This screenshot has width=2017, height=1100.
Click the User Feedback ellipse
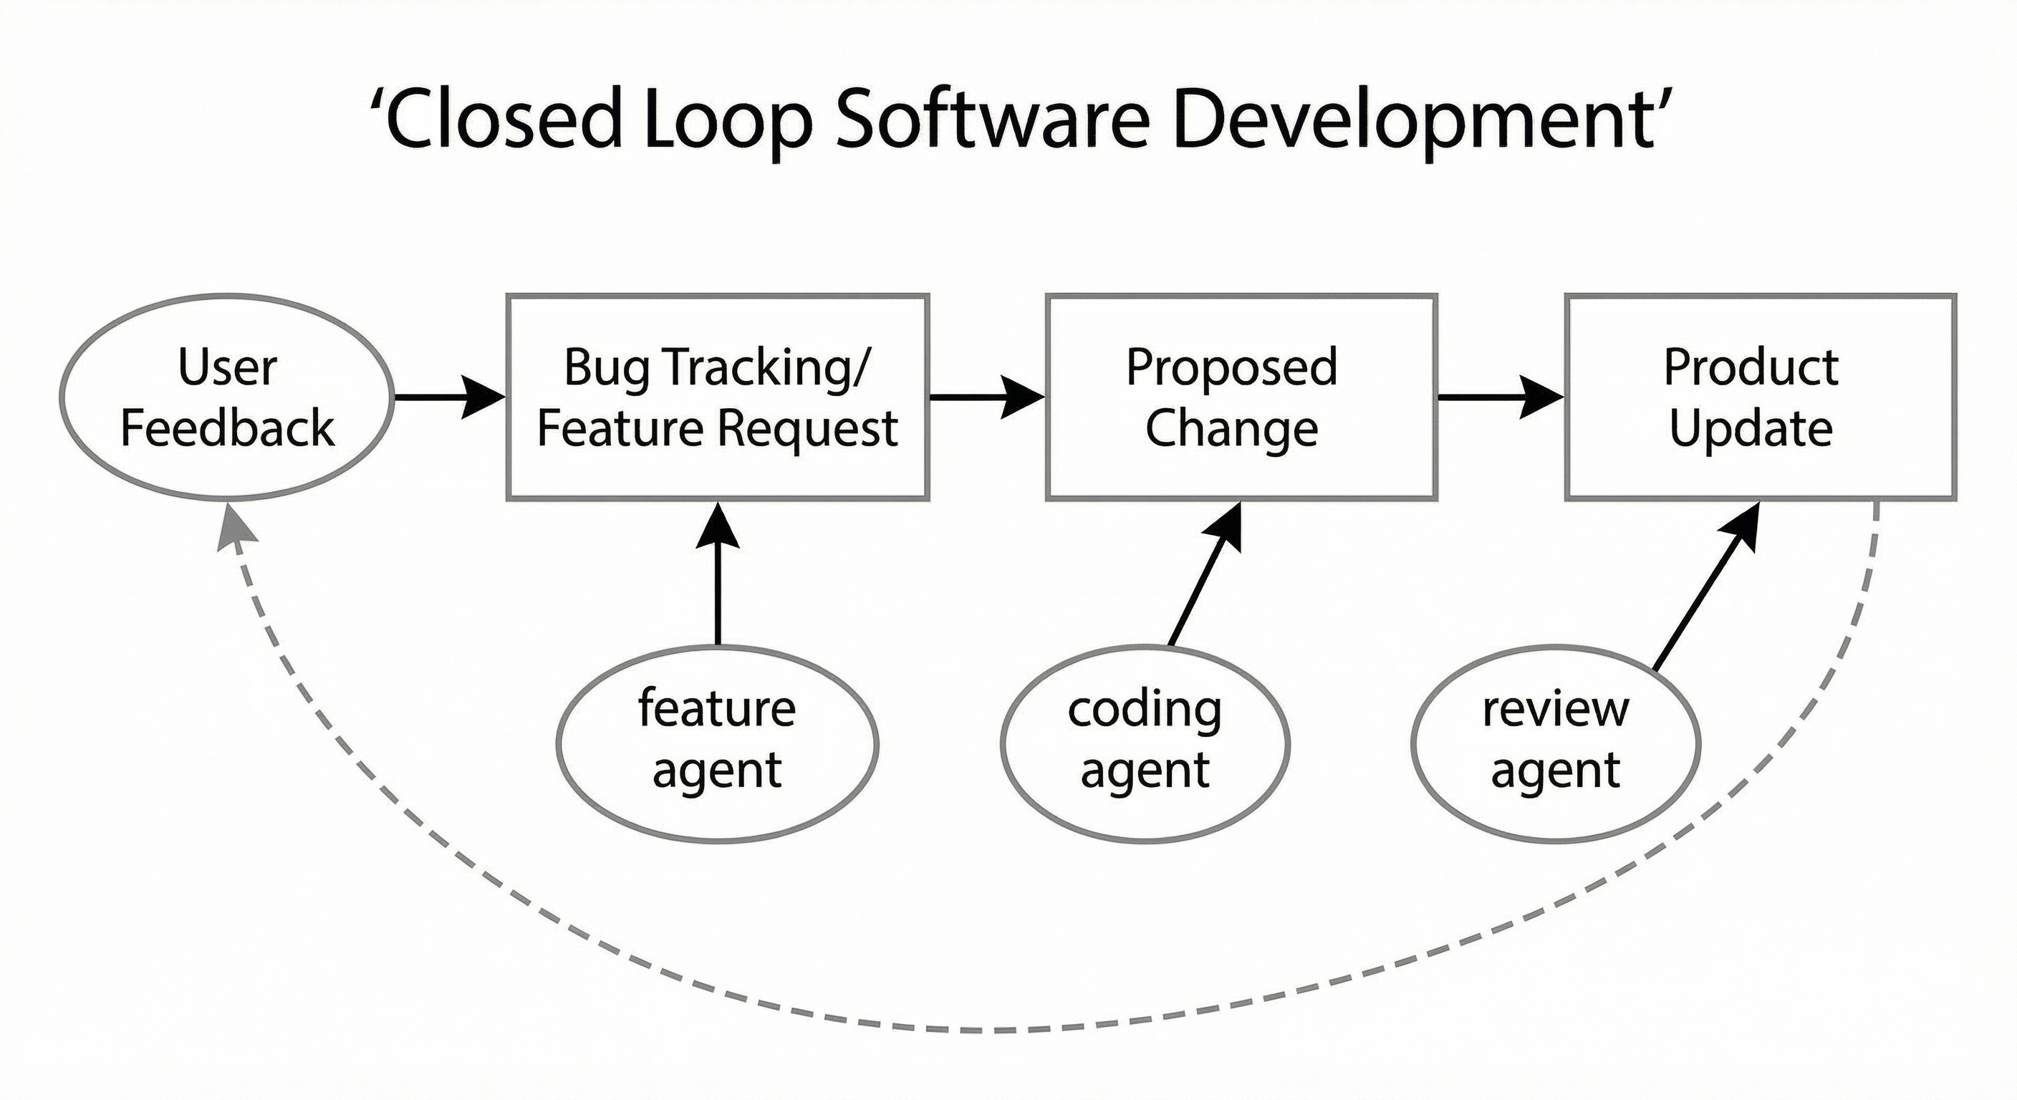point(226,397)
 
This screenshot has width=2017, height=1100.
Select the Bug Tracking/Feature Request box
point(717,397)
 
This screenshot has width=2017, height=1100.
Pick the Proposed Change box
point(1241,397)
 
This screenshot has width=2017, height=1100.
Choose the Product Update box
point(1760,397)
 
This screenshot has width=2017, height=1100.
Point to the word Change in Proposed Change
point(1232,428)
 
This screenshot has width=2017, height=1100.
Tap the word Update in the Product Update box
point(1751,428)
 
